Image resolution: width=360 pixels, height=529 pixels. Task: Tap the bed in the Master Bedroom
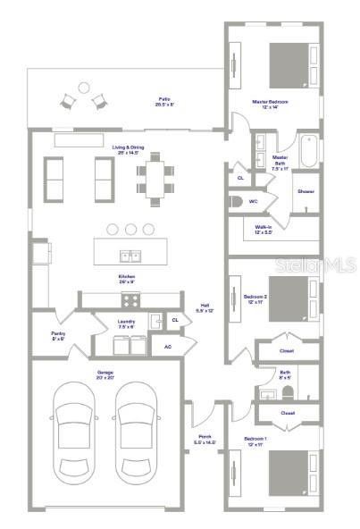pyautogui.click(x=290, y=64)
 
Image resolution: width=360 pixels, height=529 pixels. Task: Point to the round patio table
pyautogui.click(x=83, y=88)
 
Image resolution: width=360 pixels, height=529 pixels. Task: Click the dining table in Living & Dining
pyautogui.click(x=156, y=175)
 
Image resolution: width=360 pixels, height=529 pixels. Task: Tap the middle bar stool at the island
pyautogui.click(x=130, y=230)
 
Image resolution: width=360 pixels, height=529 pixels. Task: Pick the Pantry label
pyautogui.click(x=58, y=336)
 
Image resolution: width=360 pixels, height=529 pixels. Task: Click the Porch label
pyautogui.click(x=204, y=439)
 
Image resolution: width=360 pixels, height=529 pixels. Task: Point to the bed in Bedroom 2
pyautogui.click(x=290, y=296)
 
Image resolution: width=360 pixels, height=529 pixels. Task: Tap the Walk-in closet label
pyautogui.click(x=264, y=229)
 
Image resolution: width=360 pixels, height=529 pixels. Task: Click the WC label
pyautogui.click(x=254, y=201)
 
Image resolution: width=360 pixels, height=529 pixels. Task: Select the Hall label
pyautogui.click(x=204, y=308)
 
